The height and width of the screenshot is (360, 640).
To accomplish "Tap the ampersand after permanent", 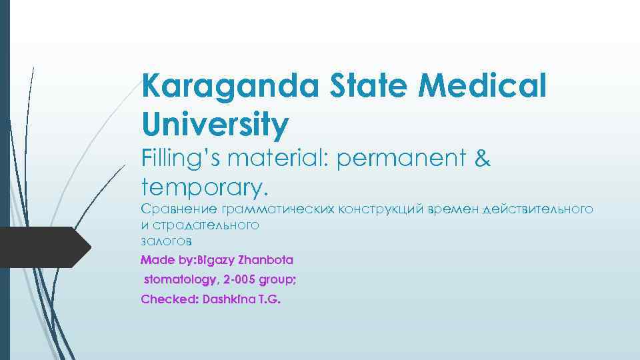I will point(482,160).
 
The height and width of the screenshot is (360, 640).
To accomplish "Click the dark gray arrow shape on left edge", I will point(43,247).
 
